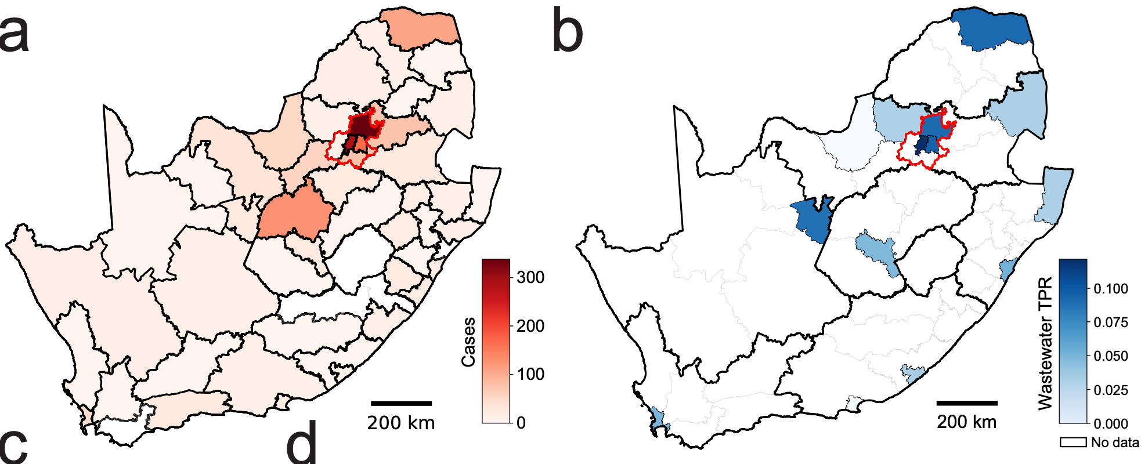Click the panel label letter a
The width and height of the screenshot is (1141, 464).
pos(14,34)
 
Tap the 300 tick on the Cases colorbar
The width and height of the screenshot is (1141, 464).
pos(530,277)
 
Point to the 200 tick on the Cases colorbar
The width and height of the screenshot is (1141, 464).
pos(530,326)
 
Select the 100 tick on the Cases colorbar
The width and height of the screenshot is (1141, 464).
pos(530,374)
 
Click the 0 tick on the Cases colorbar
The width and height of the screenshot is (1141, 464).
pos(521,423)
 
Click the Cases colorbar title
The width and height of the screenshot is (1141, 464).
pos(468,342)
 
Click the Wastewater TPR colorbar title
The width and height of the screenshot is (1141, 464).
pos(1045,343)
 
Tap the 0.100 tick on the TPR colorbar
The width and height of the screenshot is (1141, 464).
pos(1110,289)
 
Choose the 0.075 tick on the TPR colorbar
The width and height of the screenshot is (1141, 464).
pos(1110,322)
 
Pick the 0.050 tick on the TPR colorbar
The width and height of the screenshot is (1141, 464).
pos(1110,356)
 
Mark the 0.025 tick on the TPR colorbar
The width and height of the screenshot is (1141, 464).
pos(1110,390)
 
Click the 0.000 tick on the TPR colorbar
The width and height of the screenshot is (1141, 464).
pos(1110,424)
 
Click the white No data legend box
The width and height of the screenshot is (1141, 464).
pos(1073,443)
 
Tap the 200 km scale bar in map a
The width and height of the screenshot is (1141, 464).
pos(401,403)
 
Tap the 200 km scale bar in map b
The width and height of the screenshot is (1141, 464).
pos(966,403)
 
